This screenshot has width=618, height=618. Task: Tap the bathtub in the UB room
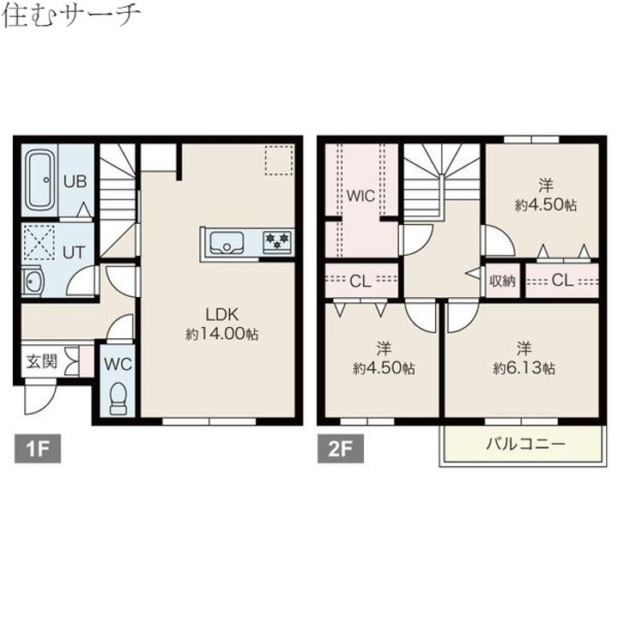pyautogui.click(x=40, y=181)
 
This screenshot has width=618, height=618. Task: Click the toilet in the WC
pyautogui.click(x=118, y=397)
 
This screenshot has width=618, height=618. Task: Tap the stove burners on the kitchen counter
pyautogui.click(x=276, y=241)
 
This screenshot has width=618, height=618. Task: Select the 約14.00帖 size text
pyautogui.click(x=221, y=333)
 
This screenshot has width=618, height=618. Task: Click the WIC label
pyautogui.click(x=360, y=196)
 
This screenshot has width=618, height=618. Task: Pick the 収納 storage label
pyautogui.click(x=503, y=281)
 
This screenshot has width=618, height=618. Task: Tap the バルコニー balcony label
pyautogui.click(x=524, y=444)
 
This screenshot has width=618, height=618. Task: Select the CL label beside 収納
pyautogui.click(x=562, y=281)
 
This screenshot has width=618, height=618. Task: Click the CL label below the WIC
pyautogui.click(x=360, y=280)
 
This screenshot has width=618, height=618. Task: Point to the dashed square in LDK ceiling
pyautogui.click(x=278, y=161)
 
